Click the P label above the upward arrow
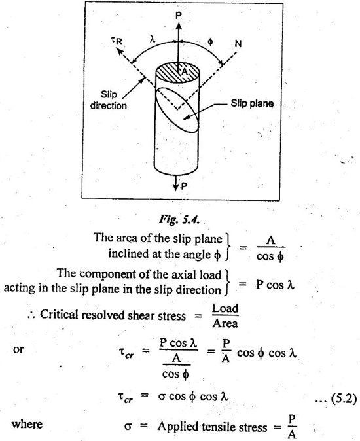tap(179, 16)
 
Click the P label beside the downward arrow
tap(184, 186)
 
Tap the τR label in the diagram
tap(117, 41)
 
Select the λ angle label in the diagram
tap(152, 39)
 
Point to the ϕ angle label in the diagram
tap(210, 42)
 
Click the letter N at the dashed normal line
tap(238, 44)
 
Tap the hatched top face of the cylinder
tap(178, 72)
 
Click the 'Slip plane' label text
tap(252, 103)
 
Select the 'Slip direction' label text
tap(109, 100)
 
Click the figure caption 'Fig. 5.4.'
tap(179, 219)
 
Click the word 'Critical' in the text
tap(58, 315)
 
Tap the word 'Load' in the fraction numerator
tap(225, 308)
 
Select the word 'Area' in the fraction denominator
tap(225, 323)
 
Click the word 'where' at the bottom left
tap(27, 424)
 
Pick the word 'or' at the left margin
tap(18, 349)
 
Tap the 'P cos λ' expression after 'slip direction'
tap(275, 285)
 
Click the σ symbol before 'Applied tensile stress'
tap(128, 427)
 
